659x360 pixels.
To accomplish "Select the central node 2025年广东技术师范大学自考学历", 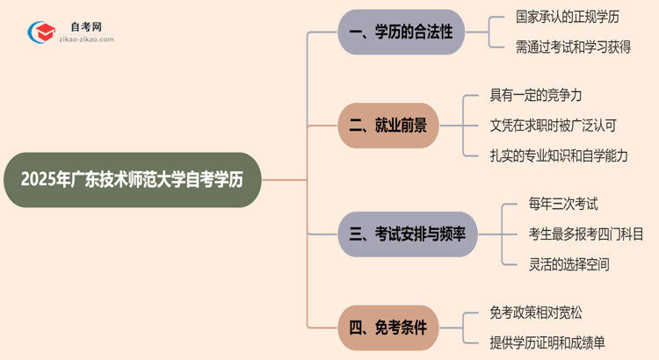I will click(132, 180).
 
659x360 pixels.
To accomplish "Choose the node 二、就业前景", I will click(388, 126).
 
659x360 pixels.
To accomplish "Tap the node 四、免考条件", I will click(388, 328).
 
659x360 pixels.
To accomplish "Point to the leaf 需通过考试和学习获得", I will click(573, 47).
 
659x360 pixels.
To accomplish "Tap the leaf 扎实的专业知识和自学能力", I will click(559, 155).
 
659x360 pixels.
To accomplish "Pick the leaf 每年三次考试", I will click(563, 205).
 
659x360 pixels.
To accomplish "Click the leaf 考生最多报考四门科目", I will click(585, 234).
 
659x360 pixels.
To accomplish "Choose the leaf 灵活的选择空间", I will click(569, 263).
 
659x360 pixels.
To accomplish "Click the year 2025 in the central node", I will click(36, 180).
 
